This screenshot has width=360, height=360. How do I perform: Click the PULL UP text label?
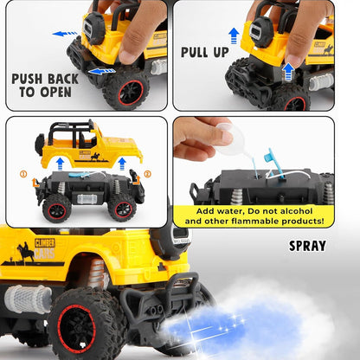click(206, 51)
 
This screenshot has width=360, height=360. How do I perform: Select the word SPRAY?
click(307, 246)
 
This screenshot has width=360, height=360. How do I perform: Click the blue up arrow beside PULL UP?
click(233, 35)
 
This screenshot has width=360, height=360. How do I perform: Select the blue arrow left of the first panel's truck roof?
click(64, 34)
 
